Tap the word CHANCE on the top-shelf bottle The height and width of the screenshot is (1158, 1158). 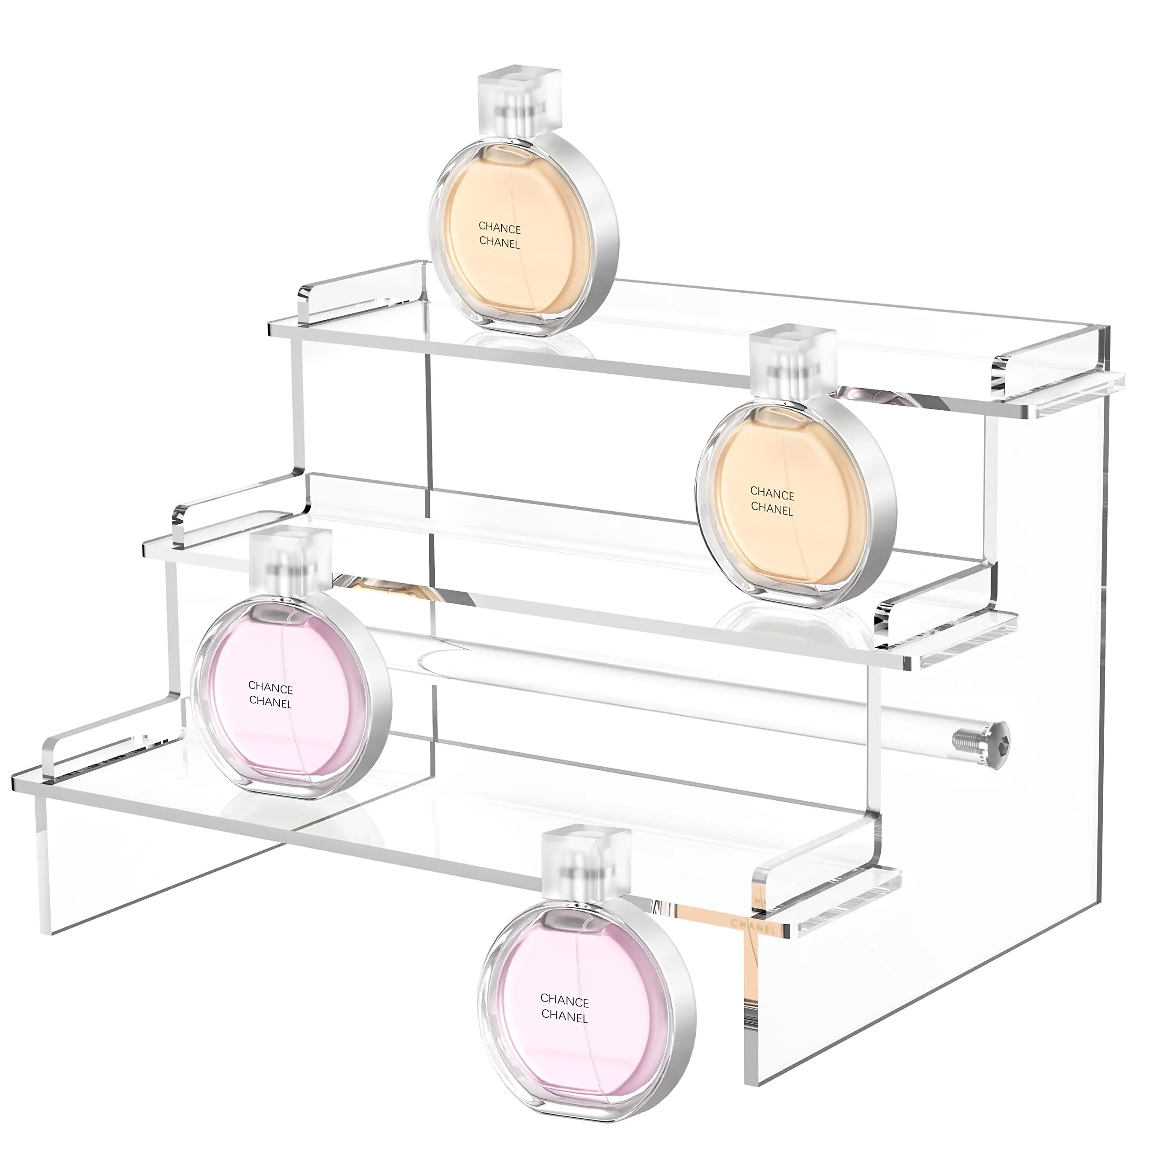click(499, 228)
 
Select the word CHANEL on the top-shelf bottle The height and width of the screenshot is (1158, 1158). click(499, 243)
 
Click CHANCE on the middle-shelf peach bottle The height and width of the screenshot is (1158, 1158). click(772, 494)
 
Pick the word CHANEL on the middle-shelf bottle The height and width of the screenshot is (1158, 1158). click(772, 510)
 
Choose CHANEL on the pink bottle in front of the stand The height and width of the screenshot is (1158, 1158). click(565, 1016)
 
